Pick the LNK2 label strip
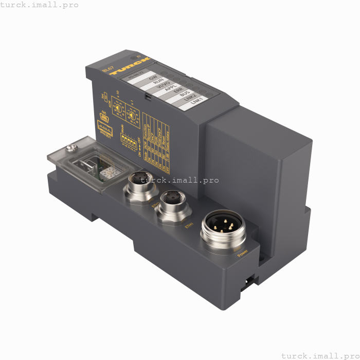coord(192,97)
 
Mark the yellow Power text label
coord(242,252)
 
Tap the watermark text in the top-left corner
coord(40,5)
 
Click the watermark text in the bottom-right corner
coord(320,355)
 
